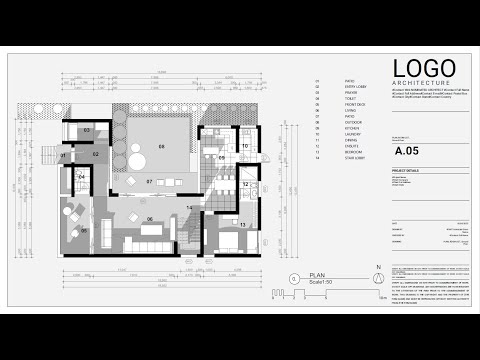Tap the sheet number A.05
tap(407, 153)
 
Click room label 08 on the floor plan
tap(160, 146)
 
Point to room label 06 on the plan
tap(149, 218)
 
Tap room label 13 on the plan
tap(242, 225)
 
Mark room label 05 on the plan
tap(84, 230)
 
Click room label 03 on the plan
tap(87, 130)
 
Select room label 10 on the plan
tap(244, 146)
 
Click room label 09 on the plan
tap(222, 157)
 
